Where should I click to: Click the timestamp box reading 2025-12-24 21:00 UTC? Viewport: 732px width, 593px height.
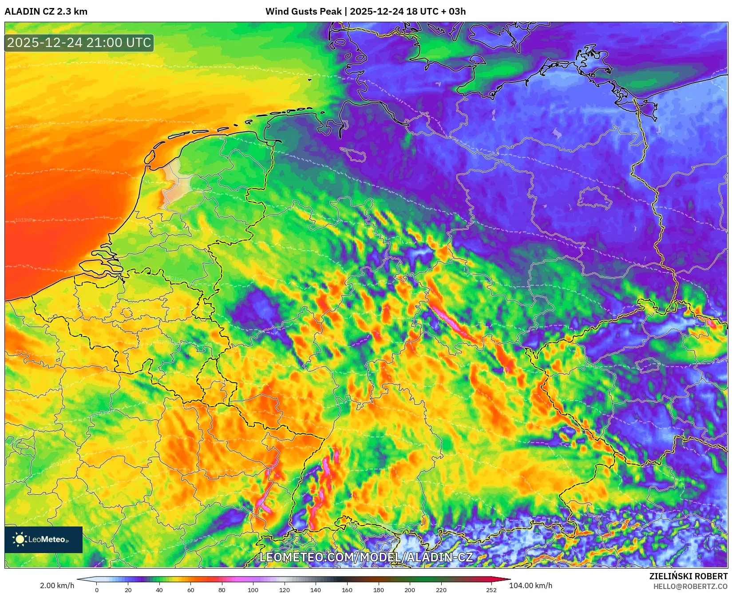point(79,43)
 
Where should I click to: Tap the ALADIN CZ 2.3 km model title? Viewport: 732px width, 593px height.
point(46,12)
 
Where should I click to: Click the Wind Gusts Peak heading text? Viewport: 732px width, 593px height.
point(365,12)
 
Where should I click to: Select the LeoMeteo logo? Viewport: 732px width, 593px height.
point(44,539)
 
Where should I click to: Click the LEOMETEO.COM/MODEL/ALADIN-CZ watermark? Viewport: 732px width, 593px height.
point(366,558)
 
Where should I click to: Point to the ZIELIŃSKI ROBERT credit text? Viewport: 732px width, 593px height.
point(688,576)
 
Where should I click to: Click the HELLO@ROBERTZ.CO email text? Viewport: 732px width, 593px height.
point(690,586)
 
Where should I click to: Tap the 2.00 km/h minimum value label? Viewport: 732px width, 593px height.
point(57,585)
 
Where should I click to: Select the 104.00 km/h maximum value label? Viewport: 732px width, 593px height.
point(530,585)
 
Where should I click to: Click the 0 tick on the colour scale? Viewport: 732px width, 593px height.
point(97,590)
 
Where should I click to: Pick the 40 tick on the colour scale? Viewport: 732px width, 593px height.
point(159,590)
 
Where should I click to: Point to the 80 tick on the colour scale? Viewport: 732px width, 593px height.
point(222,590)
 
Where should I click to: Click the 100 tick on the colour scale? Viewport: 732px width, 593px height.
point(253,590)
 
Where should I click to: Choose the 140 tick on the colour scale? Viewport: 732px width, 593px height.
point(316,590)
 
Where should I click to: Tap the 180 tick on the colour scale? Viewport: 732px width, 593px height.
point(378,590)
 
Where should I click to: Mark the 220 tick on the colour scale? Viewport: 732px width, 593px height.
point(441,590)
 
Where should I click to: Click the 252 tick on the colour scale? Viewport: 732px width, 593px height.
point(491,590)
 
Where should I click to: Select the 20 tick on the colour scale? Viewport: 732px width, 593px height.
point(128,590)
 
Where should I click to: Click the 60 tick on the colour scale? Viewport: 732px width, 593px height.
point(191,590)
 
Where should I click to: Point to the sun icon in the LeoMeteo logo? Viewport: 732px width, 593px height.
point(20,539)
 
